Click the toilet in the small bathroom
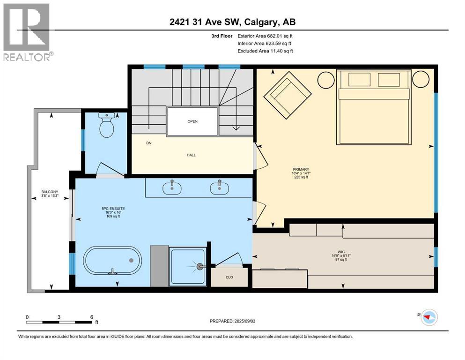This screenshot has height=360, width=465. (x=107, y=125)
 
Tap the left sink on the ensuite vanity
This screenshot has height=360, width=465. (x=172, y=187)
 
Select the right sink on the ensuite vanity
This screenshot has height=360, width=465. (x=219, y=187)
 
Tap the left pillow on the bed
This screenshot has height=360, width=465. (x=359, y=80)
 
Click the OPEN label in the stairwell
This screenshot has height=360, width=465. (x=192, y=121)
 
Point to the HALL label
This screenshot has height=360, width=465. (x=191, y=155)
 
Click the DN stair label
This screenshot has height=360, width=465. (x=149, y=143)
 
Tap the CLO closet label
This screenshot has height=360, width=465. (x=229, y=277)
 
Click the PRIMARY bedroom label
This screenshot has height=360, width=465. (x=301, y=169)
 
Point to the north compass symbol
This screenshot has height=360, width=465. (x=428, y=317)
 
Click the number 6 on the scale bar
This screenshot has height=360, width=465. (x=91, y=316)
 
